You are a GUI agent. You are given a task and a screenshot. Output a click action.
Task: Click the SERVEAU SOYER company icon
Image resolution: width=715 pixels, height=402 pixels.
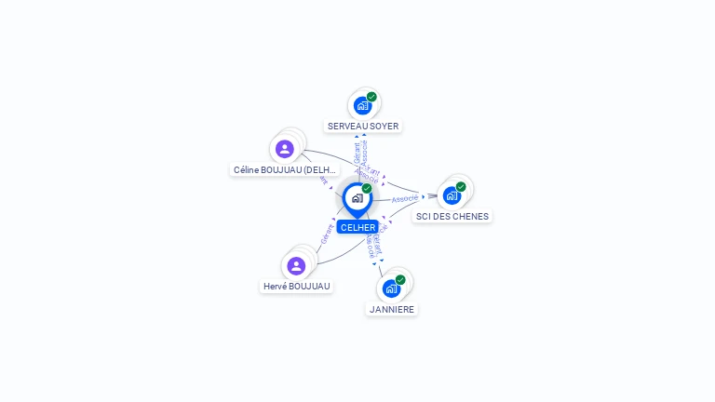pyautogui.click(x=362, y=105)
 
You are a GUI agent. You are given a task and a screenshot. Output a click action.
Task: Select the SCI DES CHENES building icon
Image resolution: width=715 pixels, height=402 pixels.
pyautogui.click(x=452, y=195)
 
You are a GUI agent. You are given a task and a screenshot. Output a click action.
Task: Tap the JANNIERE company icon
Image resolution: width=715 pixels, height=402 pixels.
pyautogui.click(x=391, y=288)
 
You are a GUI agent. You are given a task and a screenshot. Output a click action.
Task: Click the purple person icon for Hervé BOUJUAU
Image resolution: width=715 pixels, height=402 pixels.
pyautogui.click(x=296, y=266)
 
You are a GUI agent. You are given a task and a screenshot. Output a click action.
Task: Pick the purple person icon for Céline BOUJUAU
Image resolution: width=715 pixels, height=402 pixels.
pyautogui.click(x=285, y=149)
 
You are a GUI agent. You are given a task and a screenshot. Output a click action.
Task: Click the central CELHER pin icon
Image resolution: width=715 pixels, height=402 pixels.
pyautogui.click(x=357, y=198)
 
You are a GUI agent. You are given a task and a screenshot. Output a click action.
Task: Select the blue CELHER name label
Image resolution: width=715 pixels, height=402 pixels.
pyautogui.click(x=357, y=227)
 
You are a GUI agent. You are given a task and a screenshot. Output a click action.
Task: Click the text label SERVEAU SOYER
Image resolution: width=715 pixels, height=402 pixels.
pyautogui.click(x=363, y=126)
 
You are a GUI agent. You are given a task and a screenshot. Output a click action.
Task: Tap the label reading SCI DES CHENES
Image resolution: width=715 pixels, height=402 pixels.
pyautogui.click(x=452, y=216)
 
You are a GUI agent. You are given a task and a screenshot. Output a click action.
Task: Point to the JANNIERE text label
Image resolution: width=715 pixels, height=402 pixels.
pyautogui.click(x=392, y=309)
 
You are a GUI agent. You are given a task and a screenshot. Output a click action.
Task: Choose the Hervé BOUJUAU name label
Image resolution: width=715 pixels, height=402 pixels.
pyautogui.click(x=297, y=287)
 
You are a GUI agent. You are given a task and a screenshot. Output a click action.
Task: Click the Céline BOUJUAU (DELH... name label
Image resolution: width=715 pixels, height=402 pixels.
pyautogui.click(x=285, y=170)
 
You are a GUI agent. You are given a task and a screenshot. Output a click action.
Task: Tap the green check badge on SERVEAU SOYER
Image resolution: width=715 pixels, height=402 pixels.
pyautogui.click(x=371, y=97)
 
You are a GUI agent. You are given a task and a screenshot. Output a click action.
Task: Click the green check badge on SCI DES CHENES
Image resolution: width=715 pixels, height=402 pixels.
pyautogui.click(x=461, y=186)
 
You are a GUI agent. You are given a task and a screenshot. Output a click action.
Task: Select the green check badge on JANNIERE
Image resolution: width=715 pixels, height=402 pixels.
pyautogui.click(x=400, y=279)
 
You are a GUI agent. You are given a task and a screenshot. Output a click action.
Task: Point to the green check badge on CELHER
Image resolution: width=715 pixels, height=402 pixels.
pyautogui.click(x=367, y=188)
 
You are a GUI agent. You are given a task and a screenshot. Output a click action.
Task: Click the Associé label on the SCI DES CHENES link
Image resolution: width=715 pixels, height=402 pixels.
pyautogui.click(x=404, y=198)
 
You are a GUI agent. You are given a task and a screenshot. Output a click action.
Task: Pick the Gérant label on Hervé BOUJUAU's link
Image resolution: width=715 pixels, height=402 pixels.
pyautogui.click(x=327, y=234)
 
